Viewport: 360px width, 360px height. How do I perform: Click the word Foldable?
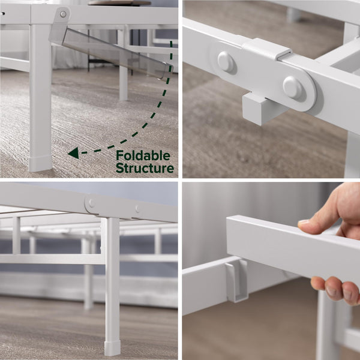pos(143,156)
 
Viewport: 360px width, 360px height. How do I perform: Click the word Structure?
pos(145,168)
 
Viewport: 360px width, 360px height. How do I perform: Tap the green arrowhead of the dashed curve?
pos(74,153)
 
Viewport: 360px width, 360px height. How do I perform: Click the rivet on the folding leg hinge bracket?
pos(62,14)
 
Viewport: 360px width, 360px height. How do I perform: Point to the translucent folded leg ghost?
pos(113,52)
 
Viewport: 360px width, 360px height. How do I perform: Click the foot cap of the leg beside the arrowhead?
pos(41,163)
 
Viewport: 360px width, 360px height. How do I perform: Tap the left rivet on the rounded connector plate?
pos(226,61)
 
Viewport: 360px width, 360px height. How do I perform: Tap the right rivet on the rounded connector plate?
pos(293,88)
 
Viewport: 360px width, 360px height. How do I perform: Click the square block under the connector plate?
pos(262,108)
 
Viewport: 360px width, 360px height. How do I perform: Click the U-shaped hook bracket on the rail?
pos(237,281)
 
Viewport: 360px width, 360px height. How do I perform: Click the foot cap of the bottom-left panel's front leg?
pos(112,348)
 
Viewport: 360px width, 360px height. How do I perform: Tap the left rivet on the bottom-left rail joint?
pos(91,203)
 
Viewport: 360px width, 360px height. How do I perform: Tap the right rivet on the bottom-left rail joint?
pos(137,208)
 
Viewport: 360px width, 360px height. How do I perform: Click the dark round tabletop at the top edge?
pos(119,3)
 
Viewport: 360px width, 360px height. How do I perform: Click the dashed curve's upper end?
pos(171,42)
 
